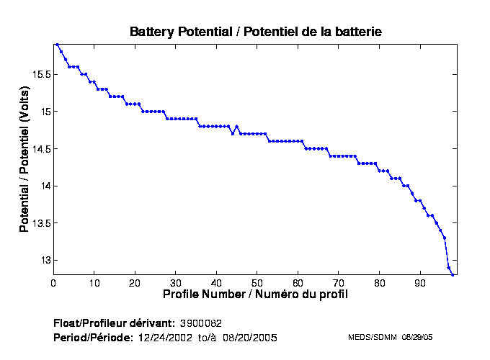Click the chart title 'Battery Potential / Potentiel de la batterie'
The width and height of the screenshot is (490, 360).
[x=255, y=32]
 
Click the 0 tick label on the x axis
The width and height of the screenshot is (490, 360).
[x=53, y=284]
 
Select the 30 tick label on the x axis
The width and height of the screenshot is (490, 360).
[x=175, y=284]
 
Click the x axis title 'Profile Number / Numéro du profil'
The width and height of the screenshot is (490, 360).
[x=255, y=294]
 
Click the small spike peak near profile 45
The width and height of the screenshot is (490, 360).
[x=236, y=127]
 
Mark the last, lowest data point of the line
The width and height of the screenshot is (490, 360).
[x=453, y=275]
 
